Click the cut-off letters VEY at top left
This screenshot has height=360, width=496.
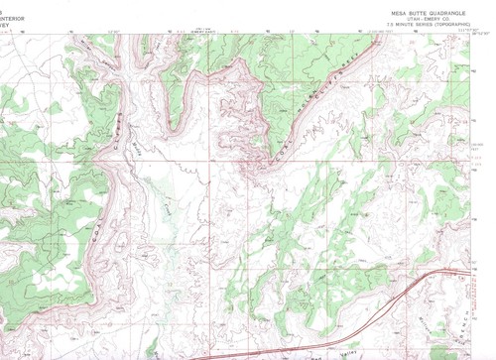pyautogui.click(x=6, y=21)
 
